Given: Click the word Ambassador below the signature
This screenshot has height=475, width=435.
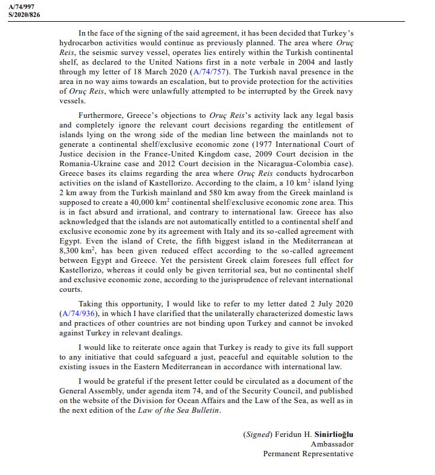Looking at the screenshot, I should (332, 444).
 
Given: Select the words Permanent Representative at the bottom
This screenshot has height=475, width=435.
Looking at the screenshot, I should (308, 453).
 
